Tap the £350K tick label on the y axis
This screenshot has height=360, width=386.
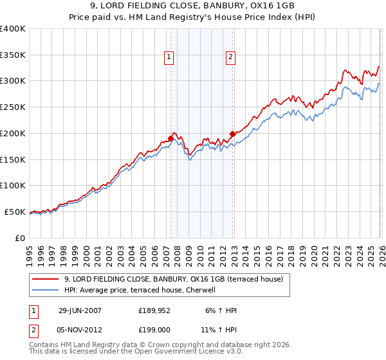(x=13, y=55)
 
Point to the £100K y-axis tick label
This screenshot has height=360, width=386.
(x=13, y=185)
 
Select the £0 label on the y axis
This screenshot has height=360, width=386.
(x=21, y=238)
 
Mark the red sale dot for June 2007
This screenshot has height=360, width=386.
(x=171, y=138)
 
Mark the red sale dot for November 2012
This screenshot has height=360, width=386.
(x=232, y=134)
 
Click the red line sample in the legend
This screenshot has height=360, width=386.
(x=46, y=279)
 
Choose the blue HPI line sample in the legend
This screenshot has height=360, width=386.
(x=46, y=290)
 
